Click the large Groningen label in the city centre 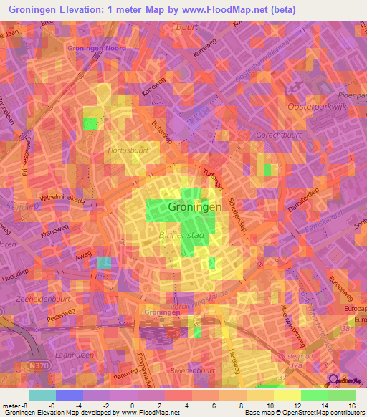(x=194, y=207)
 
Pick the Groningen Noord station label (x=96, y=48)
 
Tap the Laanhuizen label (x=75, y=354)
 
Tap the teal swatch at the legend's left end (x=42, y=394)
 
